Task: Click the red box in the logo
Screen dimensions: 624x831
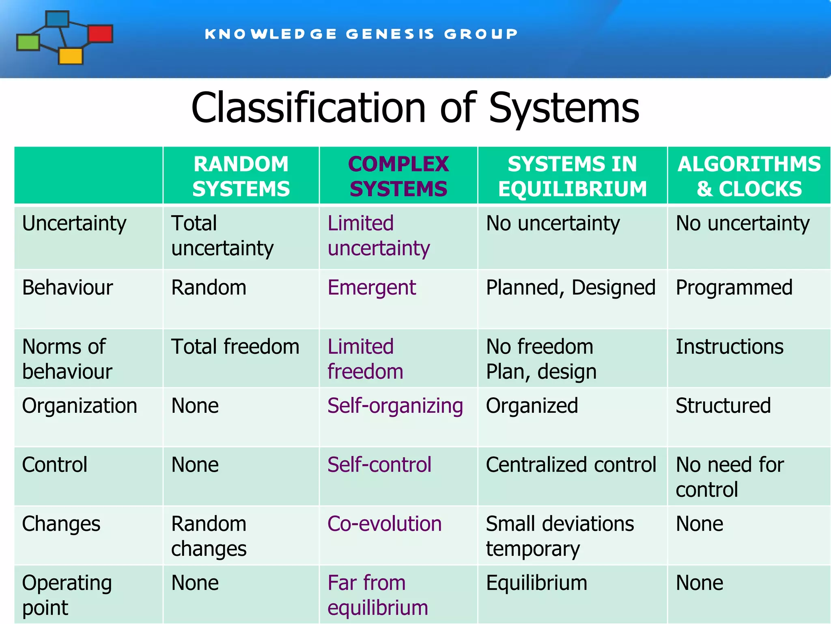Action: point(100,34)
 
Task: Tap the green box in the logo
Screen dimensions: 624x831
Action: point(28,43)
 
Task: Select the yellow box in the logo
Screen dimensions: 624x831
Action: point(71,56)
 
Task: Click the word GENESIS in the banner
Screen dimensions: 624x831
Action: point(390,34)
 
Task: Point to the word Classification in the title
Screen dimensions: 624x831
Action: point(308,108)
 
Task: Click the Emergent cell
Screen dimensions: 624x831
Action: point(372,288)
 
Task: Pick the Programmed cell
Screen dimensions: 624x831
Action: point(734,288)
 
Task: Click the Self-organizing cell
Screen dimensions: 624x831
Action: point(395,406)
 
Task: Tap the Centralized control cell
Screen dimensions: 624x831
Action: point(571,465)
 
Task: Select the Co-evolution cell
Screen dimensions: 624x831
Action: point(384,524)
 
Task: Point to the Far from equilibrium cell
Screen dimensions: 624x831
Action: point(378,595)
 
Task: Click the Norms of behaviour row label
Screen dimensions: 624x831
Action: point(67,359)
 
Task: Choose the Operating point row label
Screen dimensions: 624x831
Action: point(67,595)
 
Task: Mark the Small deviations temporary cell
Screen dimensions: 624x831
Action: point(560,535)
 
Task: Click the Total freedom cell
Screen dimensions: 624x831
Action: point(235,347)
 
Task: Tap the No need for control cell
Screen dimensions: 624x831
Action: point(730,477)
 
